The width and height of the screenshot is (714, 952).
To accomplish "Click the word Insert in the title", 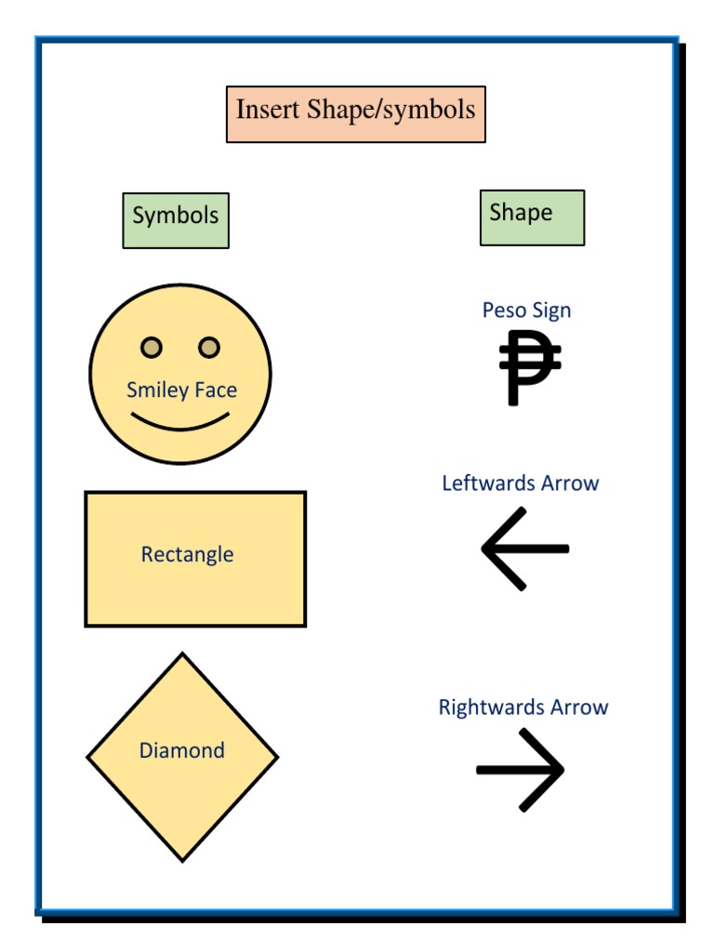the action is point(267,110).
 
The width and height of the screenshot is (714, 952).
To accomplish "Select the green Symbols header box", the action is point(176,220).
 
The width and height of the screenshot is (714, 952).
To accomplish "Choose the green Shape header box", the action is point(533,218).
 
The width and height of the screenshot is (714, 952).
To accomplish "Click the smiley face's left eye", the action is point(152,348).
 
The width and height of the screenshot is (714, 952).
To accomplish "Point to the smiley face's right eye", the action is point(209,348).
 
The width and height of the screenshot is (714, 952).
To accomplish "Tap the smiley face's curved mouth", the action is point(180,425).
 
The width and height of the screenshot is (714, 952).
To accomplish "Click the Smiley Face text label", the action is point(181,390).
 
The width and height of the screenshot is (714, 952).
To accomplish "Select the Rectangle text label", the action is point(187,554).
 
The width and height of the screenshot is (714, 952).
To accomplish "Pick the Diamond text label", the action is point(182,750).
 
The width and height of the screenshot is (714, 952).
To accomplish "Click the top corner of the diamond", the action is point(182,654).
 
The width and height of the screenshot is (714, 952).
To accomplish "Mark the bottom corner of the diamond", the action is point(182,860).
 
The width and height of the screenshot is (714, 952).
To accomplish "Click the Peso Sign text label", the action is point(526,311).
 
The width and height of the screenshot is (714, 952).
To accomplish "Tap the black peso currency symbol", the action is point(529,368).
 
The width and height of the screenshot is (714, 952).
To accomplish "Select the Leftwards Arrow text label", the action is point(521,483).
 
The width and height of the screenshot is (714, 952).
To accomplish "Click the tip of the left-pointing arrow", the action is point(483,549).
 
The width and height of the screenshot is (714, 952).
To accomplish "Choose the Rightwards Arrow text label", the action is point(523,707).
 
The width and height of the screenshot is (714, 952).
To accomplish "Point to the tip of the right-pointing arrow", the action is point(562,770).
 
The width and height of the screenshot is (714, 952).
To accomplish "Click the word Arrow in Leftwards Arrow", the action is point(570,483).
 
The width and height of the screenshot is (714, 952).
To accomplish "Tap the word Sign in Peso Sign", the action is point(552,311).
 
